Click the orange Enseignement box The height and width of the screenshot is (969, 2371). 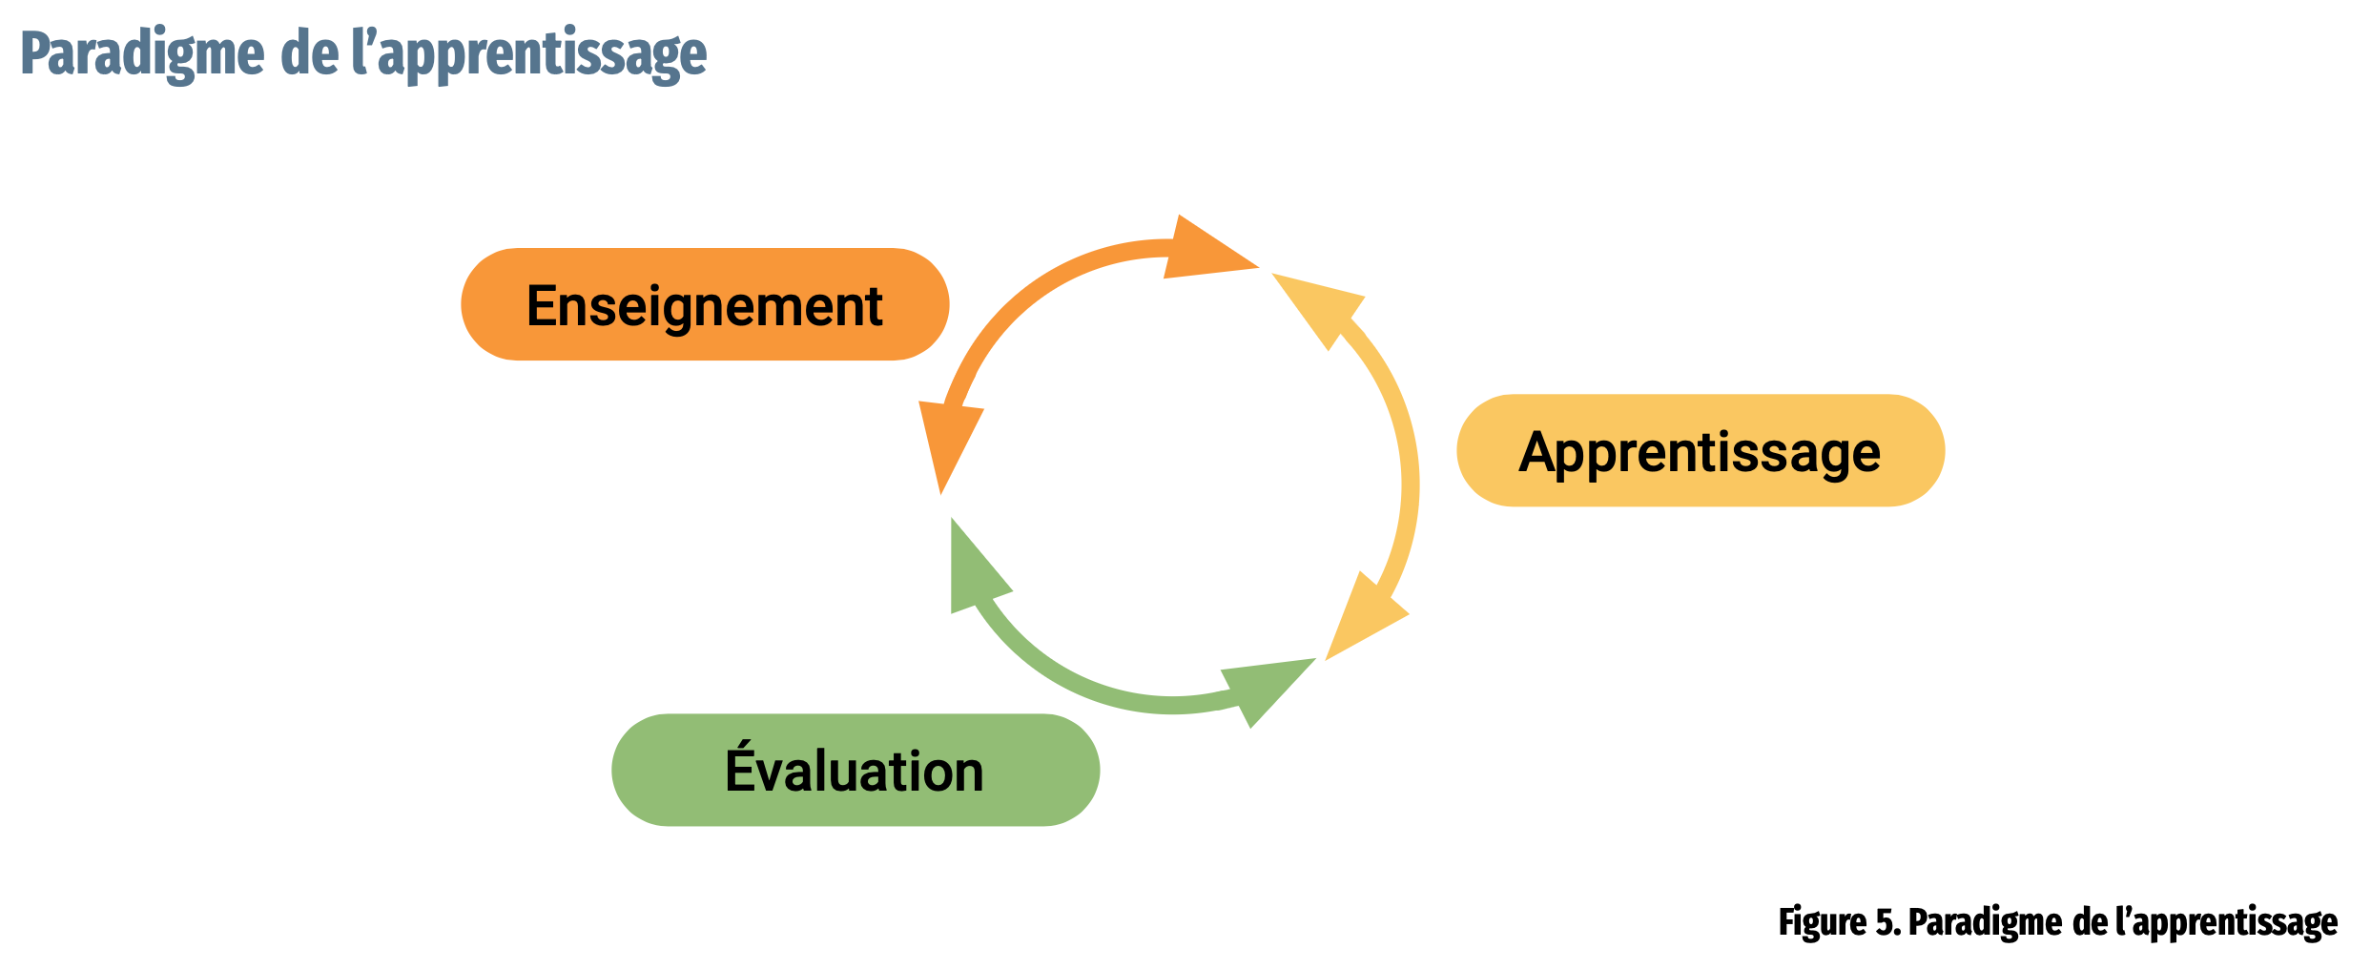[x=705, y=304]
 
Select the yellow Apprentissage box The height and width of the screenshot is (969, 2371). [x=1701, y=450]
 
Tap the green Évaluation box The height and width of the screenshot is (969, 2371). [x=856, y=770]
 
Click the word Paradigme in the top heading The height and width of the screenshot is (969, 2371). [x=142, y=54]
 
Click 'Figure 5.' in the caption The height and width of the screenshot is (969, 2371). [x=1840, y=922]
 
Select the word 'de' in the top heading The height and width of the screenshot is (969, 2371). [x=309, y=54]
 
